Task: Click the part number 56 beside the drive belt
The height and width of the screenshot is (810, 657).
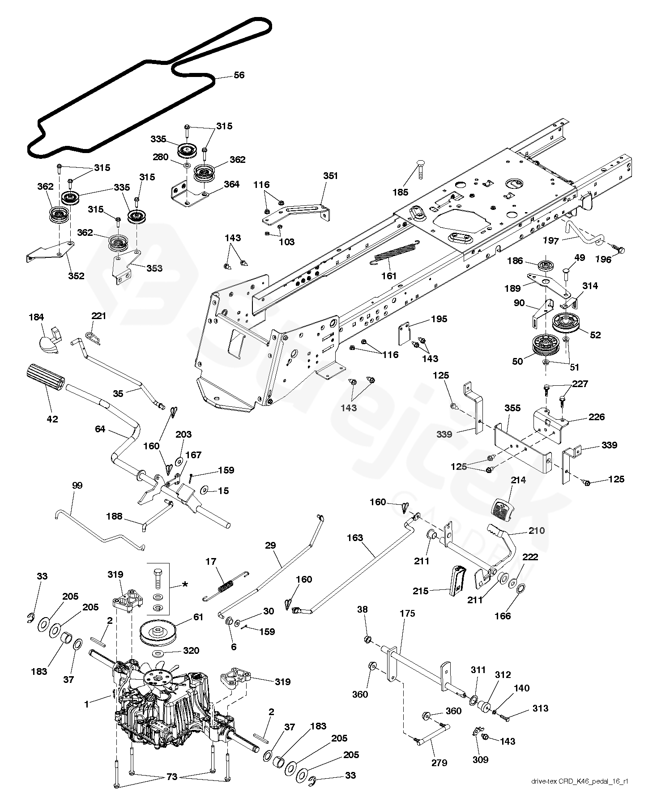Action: click(239, 75)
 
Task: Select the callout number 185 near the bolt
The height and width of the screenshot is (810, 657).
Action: click(401, 192)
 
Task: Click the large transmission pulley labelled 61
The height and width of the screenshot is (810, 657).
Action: click(159, 631)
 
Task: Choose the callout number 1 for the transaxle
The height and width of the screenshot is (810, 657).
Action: click(86, 704)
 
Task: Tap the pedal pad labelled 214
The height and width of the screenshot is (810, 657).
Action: click(503, 509)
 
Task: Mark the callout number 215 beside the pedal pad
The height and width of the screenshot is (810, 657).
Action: click(421, 591)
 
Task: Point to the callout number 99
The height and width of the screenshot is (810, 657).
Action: click(77, 485)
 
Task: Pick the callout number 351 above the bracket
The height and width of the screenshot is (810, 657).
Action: click(330, 176)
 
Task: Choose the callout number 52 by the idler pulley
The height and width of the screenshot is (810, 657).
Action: click(595, 335)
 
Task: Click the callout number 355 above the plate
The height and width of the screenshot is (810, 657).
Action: click(512, 408)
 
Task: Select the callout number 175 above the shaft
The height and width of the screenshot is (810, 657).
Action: click(407, 613)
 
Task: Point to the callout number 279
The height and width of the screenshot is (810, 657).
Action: click(439, 763)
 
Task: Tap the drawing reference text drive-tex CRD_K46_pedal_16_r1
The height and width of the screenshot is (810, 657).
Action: click(580, 794)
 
